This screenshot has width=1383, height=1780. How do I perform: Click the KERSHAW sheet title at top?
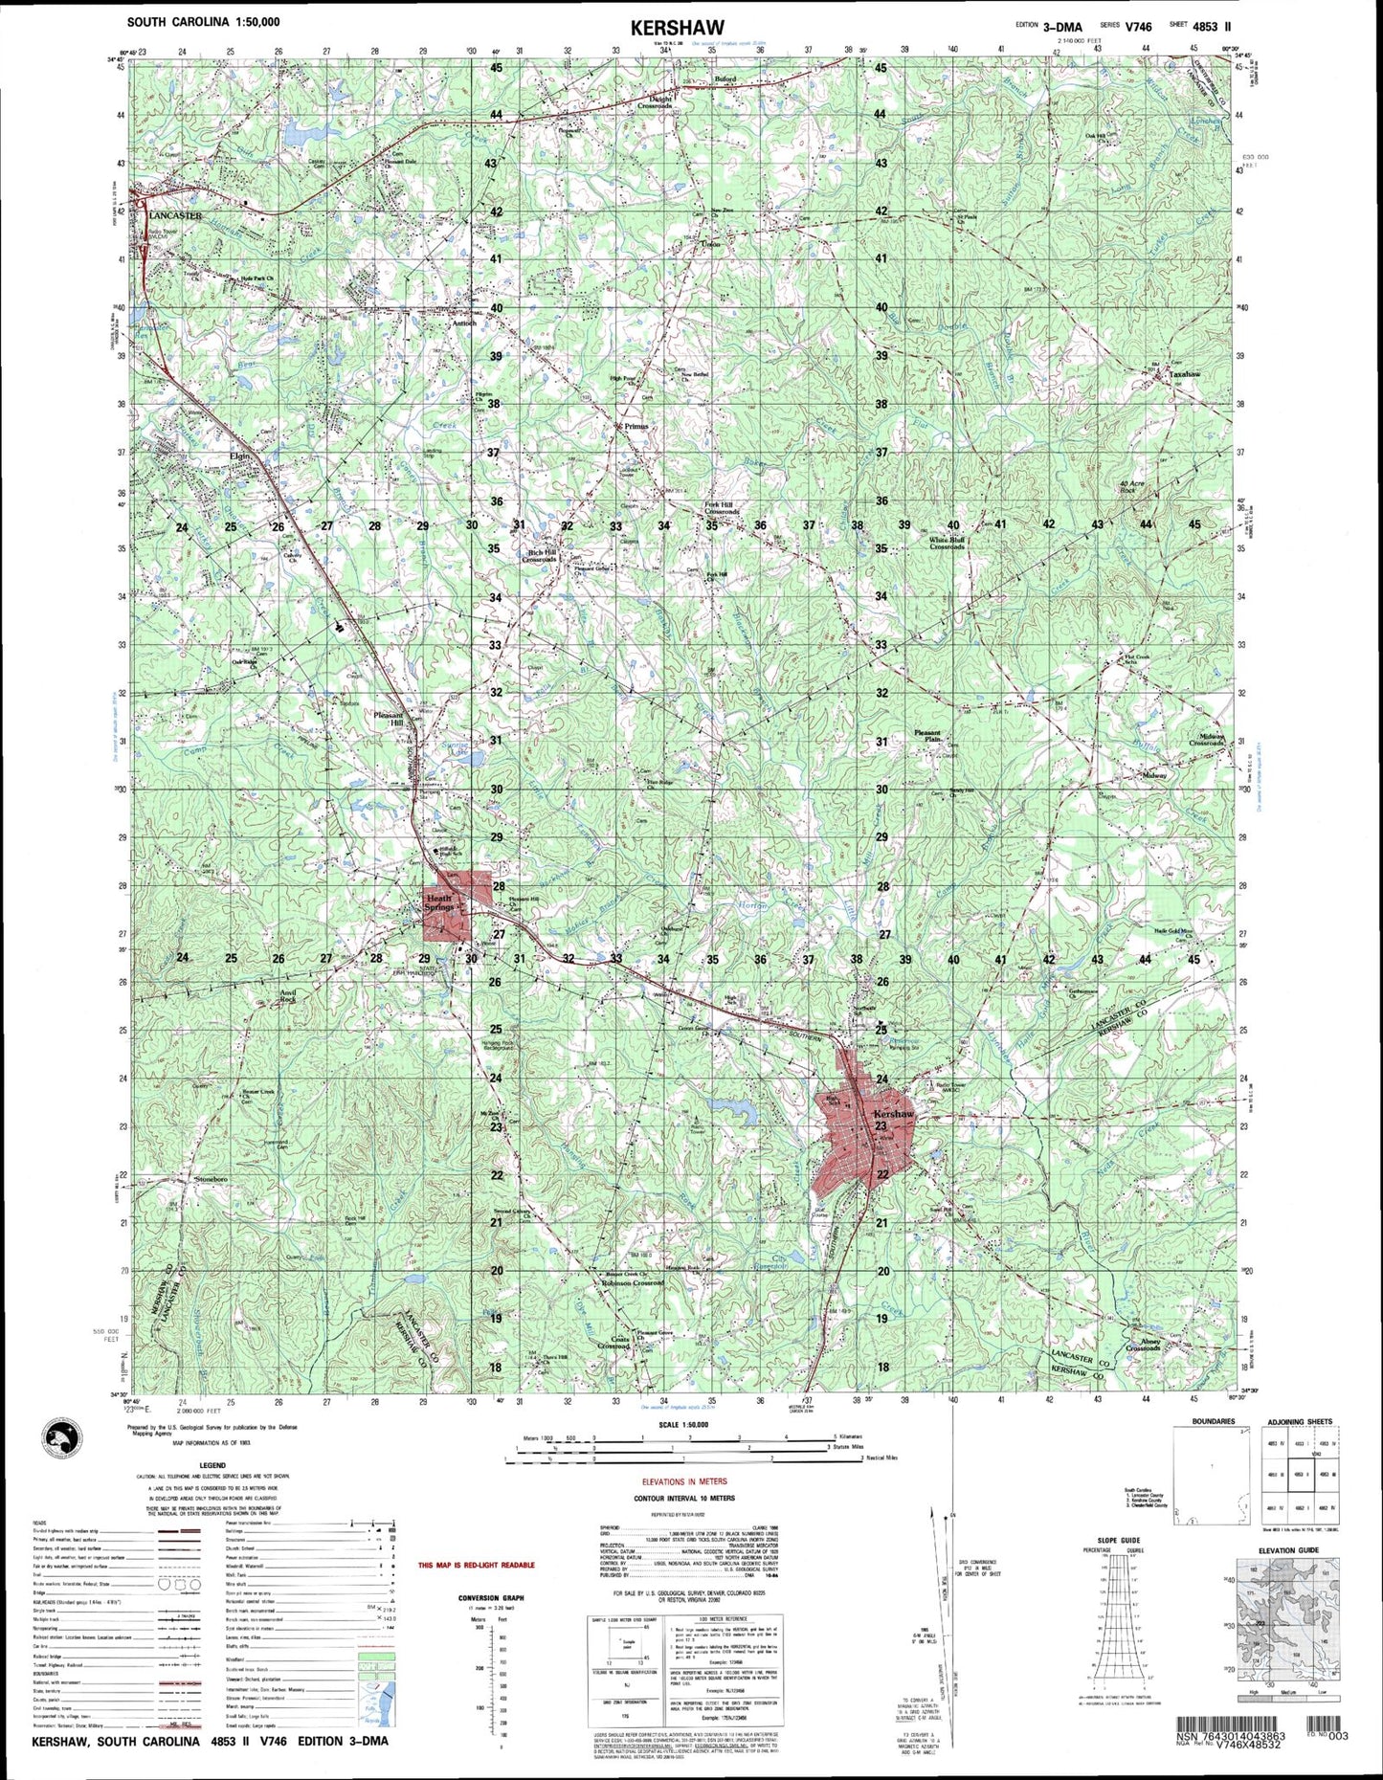(x=677, y=28)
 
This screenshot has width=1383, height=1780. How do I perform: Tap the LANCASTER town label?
(x=175, y=216)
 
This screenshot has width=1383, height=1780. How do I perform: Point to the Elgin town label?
(x=238, y=456)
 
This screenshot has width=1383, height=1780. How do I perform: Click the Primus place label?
(x=636, y=426)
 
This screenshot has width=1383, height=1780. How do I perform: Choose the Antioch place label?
(x=463, y=323)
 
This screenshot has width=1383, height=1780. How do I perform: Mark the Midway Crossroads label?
(x=1206, y=740)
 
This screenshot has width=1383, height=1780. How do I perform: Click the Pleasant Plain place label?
(x=926, y=736)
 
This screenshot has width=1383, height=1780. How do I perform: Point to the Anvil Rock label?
(x=287, y=996)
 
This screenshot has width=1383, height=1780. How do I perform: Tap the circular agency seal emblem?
(x=63, y=1439)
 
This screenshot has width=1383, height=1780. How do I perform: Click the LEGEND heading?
(x=212, y=1465)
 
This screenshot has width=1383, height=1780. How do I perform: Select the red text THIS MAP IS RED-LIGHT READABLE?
(x=477, y=1566)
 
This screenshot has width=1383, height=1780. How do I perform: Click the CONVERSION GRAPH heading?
(x=491, y=1597)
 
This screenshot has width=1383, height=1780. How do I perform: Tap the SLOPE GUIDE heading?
(x=1114, y=1540)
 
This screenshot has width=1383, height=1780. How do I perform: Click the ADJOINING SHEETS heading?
(x=1299, y=1422)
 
